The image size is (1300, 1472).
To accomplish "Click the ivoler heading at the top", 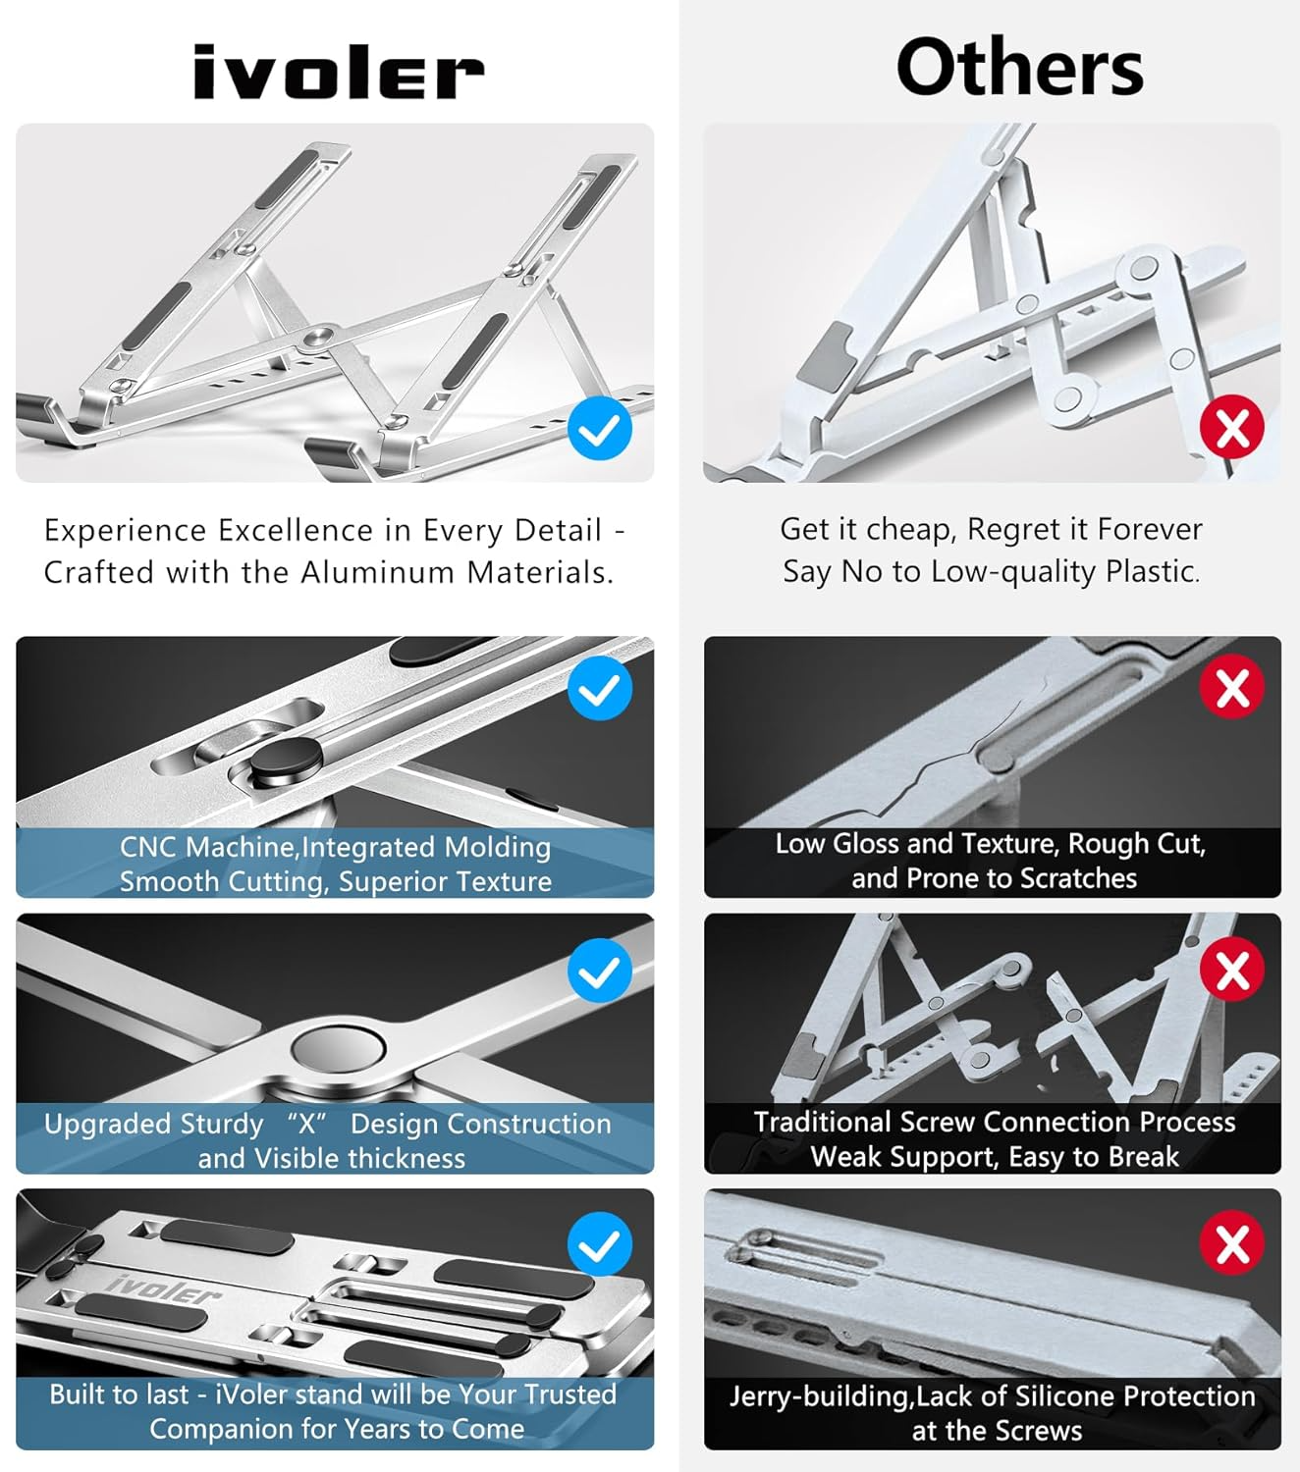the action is click(339, 72).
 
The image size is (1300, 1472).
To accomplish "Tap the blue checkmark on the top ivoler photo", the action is click(600, 428).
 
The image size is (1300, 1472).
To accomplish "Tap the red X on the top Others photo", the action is click(1231, 427).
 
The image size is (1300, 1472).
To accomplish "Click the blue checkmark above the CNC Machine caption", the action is click(600, 688).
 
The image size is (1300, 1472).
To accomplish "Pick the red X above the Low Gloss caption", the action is click(1231, 687).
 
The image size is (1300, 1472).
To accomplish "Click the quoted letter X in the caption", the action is click(306, 1124).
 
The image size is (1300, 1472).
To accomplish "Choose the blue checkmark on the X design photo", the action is click(600, 971).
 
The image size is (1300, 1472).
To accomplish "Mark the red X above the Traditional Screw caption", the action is click(1231, 970).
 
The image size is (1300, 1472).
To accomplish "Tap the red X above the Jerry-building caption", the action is click(1231, 1242).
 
